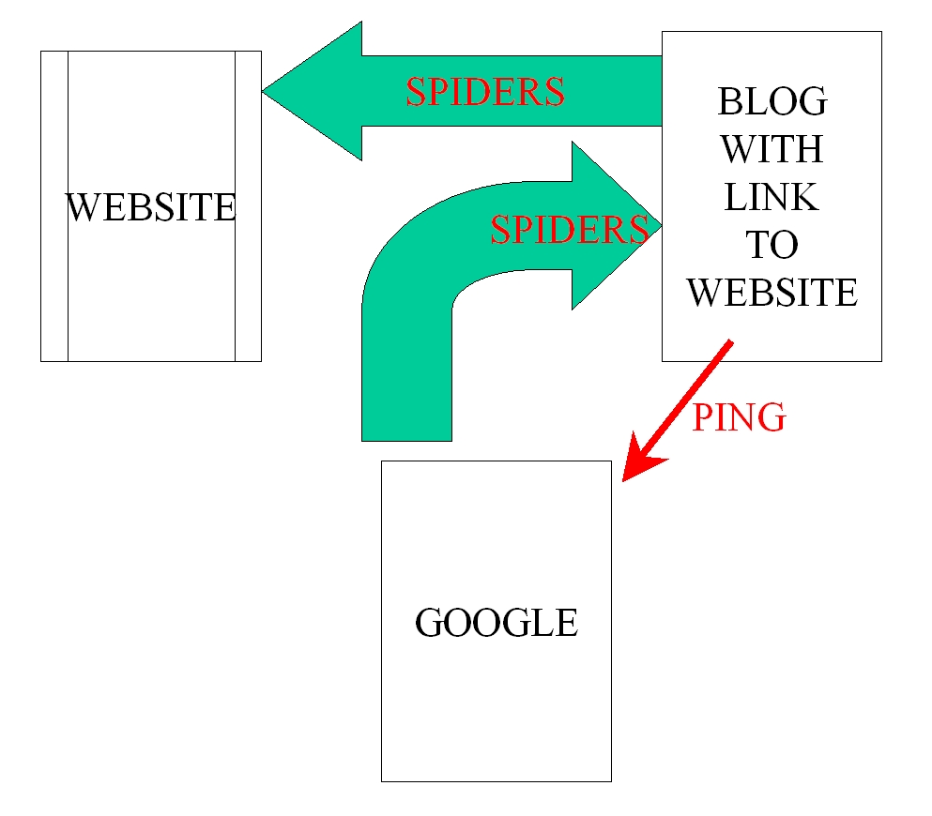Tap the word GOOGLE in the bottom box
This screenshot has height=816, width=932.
click(497, 623)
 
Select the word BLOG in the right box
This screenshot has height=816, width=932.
click(772, 101)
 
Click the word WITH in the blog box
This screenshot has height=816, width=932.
click(772, 148)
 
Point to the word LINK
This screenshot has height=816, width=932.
click(772, 197)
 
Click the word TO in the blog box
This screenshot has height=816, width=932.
click(772, 244)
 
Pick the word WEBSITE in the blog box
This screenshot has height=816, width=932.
click(772, 293)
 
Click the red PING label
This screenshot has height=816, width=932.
click(739, 416)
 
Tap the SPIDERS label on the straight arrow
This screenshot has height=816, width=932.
click(485, 92)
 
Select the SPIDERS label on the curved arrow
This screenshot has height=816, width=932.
click(570, 230)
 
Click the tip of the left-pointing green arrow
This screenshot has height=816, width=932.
click(262, 92)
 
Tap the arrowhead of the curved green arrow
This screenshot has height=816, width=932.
click(617, 226)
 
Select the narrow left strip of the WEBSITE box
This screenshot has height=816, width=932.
click(54, 206)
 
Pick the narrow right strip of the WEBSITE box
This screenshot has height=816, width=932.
click(249, 206)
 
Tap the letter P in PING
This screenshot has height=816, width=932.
click(703, 416)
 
